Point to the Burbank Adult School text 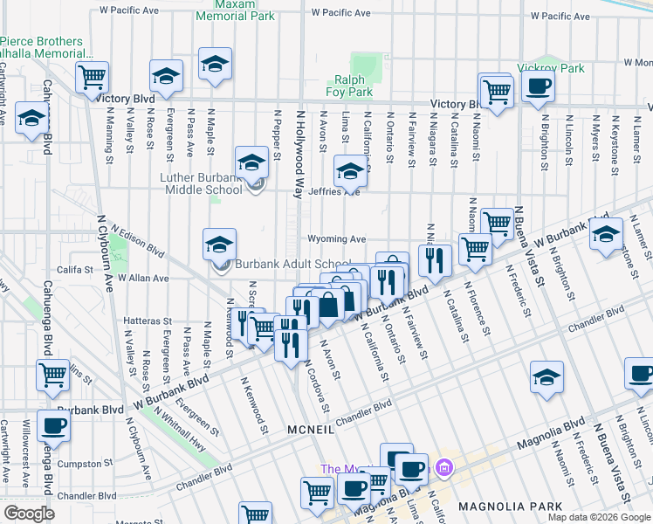[294, 265]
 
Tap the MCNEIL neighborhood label [309, 430]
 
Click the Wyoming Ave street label [335, 238]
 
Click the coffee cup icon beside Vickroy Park [537, 86]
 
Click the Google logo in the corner [29, 513]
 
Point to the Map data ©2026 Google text [598, 516]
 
